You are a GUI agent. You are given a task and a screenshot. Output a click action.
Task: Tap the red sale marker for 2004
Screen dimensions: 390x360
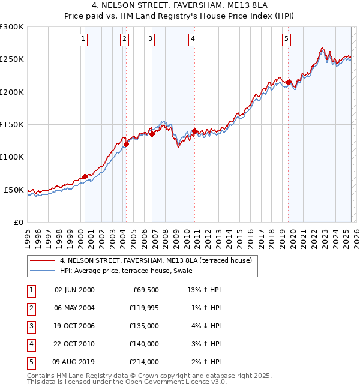point(127,144)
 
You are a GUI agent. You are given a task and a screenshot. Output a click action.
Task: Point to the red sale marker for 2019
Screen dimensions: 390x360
point(289,82)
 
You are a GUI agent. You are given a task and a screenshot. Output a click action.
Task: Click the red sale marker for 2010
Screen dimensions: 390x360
point(195,131)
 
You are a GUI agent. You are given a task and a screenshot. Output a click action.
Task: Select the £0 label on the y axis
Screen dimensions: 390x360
point(19,223)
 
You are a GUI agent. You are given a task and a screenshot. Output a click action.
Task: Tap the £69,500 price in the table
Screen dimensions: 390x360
point(144,290)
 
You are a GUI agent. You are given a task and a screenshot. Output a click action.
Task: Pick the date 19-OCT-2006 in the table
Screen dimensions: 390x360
point(75,326)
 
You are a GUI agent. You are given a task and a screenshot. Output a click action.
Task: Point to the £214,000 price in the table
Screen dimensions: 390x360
point(144,362)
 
